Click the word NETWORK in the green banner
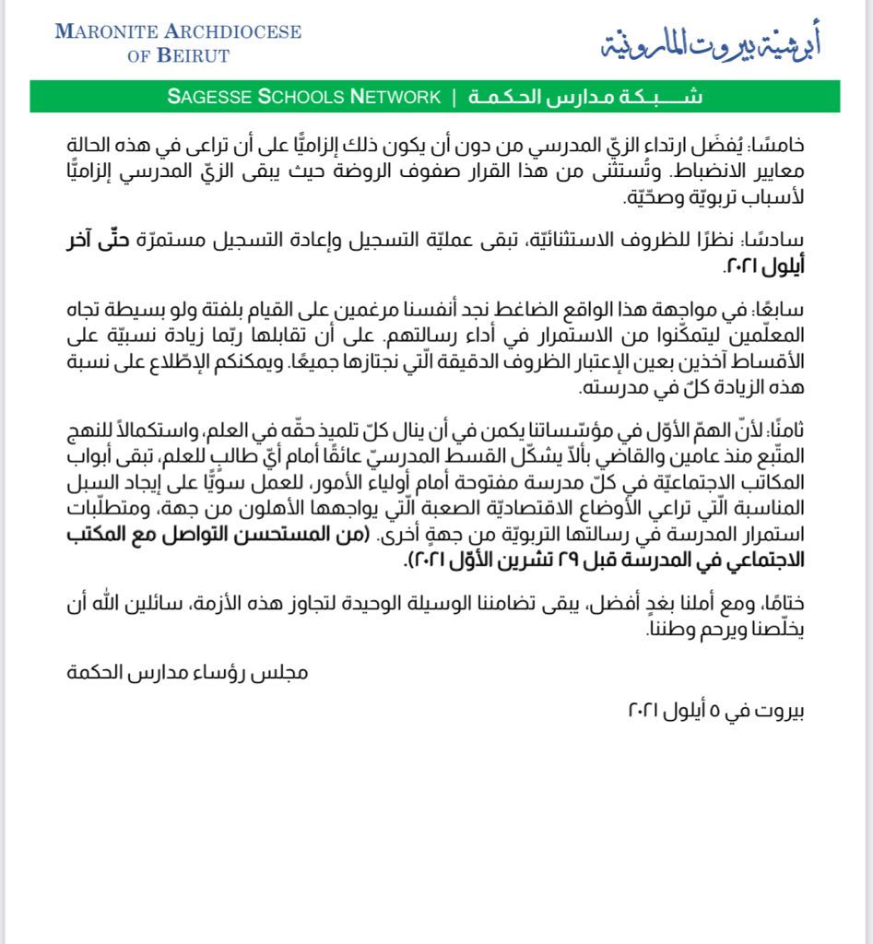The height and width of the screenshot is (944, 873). pyautogui.click(x=397, y=97)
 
